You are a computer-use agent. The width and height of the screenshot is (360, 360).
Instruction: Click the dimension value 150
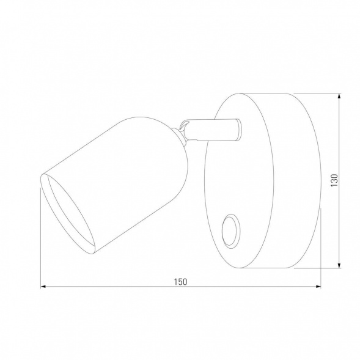point(180,281)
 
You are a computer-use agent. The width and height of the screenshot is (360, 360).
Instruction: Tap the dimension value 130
point(334,181)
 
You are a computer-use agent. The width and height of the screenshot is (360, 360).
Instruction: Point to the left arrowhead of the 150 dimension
point(43,286)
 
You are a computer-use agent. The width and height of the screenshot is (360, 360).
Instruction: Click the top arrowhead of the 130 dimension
point(339,96)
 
